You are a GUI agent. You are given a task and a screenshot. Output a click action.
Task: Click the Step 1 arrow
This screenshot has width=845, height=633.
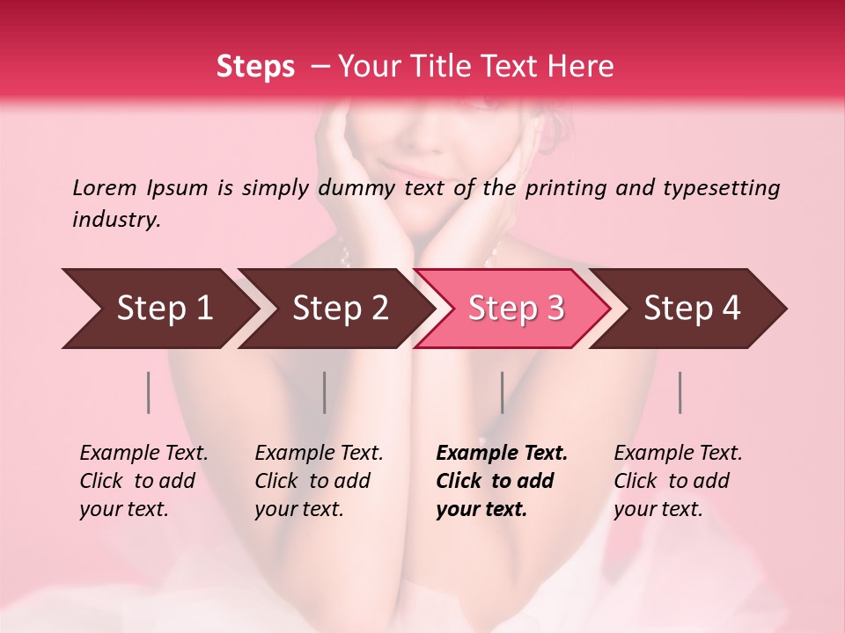[x=158, y=309]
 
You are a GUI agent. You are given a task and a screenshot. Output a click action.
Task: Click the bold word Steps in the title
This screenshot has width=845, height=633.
[x=255, y=67]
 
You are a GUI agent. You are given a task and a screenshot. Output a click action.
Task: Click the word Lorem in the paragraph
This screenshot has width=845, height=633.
[x=105, y=187]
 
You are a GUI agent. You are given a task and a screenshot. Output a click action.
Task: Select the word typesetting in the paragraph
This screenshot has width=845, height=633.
[x=721, y=187]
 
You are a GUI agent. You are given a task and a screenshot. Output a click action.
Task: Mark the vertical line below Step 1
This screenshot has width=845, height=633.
[x=149, y=392]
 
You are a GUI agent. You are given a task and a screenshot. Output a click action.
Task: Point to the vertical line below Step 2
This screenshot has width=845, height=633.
[x=325, y=392]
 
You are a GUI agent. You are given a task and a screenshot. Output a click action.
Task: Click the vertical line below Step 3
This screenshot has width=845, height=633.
[x=502, y=392]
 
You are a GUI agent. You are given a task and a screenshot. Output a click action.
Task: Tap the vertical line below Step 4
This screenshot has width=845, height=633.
[x=680, y=392]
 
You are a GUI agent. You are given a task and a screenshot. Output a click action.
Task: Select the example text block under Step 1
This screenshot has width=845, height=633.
[x=143, y=481]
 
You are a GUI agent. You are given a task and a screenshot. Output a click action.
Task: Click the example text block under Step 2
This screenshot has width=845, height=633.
[x=319, y=481]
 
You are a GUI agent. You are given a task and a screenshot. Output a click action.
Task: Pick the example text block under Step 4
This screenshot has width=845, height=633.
[x=678, y=481]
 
